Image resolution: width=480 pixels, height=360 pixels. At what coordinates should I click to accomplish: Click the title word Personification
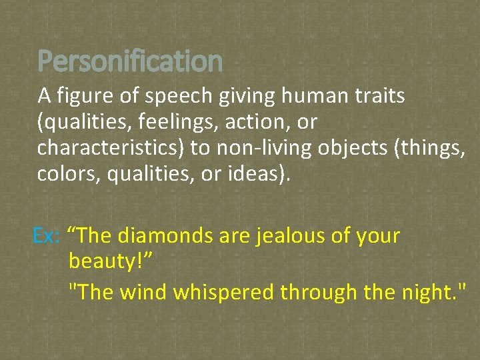130,61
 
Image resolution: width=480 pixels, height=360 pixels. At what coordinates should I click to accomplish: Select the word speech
167,97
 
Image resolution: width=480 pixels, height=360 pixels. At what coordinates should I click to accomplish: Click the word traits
380,97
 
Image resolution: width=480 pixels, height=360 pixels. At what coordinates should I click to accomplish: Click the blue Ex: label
47,236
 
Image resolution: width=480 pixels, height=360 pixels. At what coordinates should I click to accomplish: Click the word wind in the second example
145,291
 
